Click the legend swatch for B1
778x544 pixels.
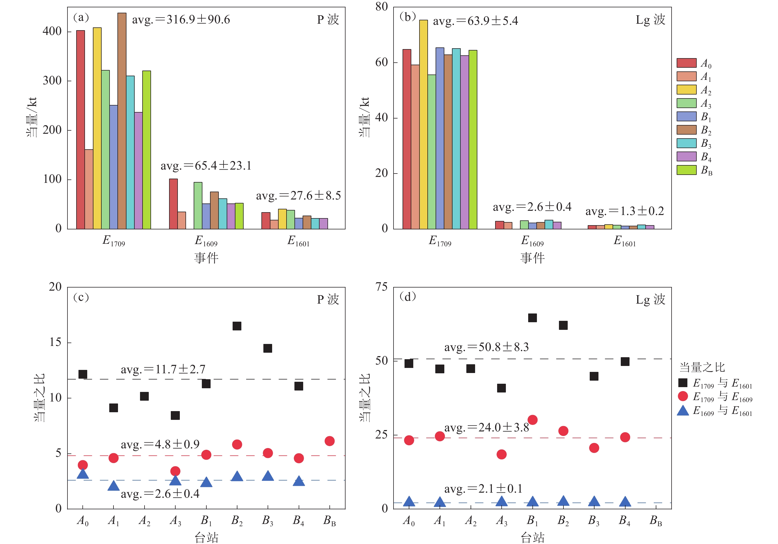coord(686,117)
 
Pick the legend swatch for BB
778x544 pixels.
coord(686,170)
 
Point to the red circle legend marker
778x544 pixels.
coord(683,396)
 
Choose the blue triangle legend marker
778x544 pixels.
coord(683,411)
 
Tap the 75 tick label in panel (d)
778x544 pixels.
coord(381,287)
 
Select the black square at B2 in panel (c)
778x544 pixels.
coord(237,326)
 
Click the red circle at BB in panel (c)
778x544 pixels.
coord(329,441)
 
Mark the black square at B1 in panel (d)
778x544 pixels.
coord(532,318)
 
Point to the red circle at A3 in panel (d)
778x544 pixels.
coord(502,454)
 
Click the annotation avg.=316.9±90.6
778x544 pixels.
coord(181,20)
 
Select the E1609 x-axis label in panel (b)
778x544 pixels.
coord(532,241)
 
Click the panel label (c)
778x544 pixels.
coord(81,297)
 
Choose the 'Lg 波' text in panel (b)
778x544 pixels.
coord(650,20)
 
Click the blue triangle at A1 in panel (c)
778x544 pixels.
coord(113,486)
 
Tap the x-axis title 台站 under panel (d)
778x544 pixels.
coord(532,537)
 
